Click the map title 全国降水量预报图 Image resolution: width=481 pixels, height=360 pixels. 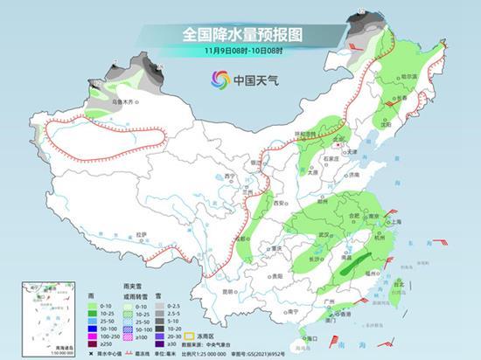tap(240, 34)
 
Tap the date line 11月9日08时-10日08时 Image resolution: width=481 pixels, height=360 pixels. tap(240, 51)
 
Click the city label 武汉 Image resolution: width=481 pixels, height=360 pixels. tap(324, 235)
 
